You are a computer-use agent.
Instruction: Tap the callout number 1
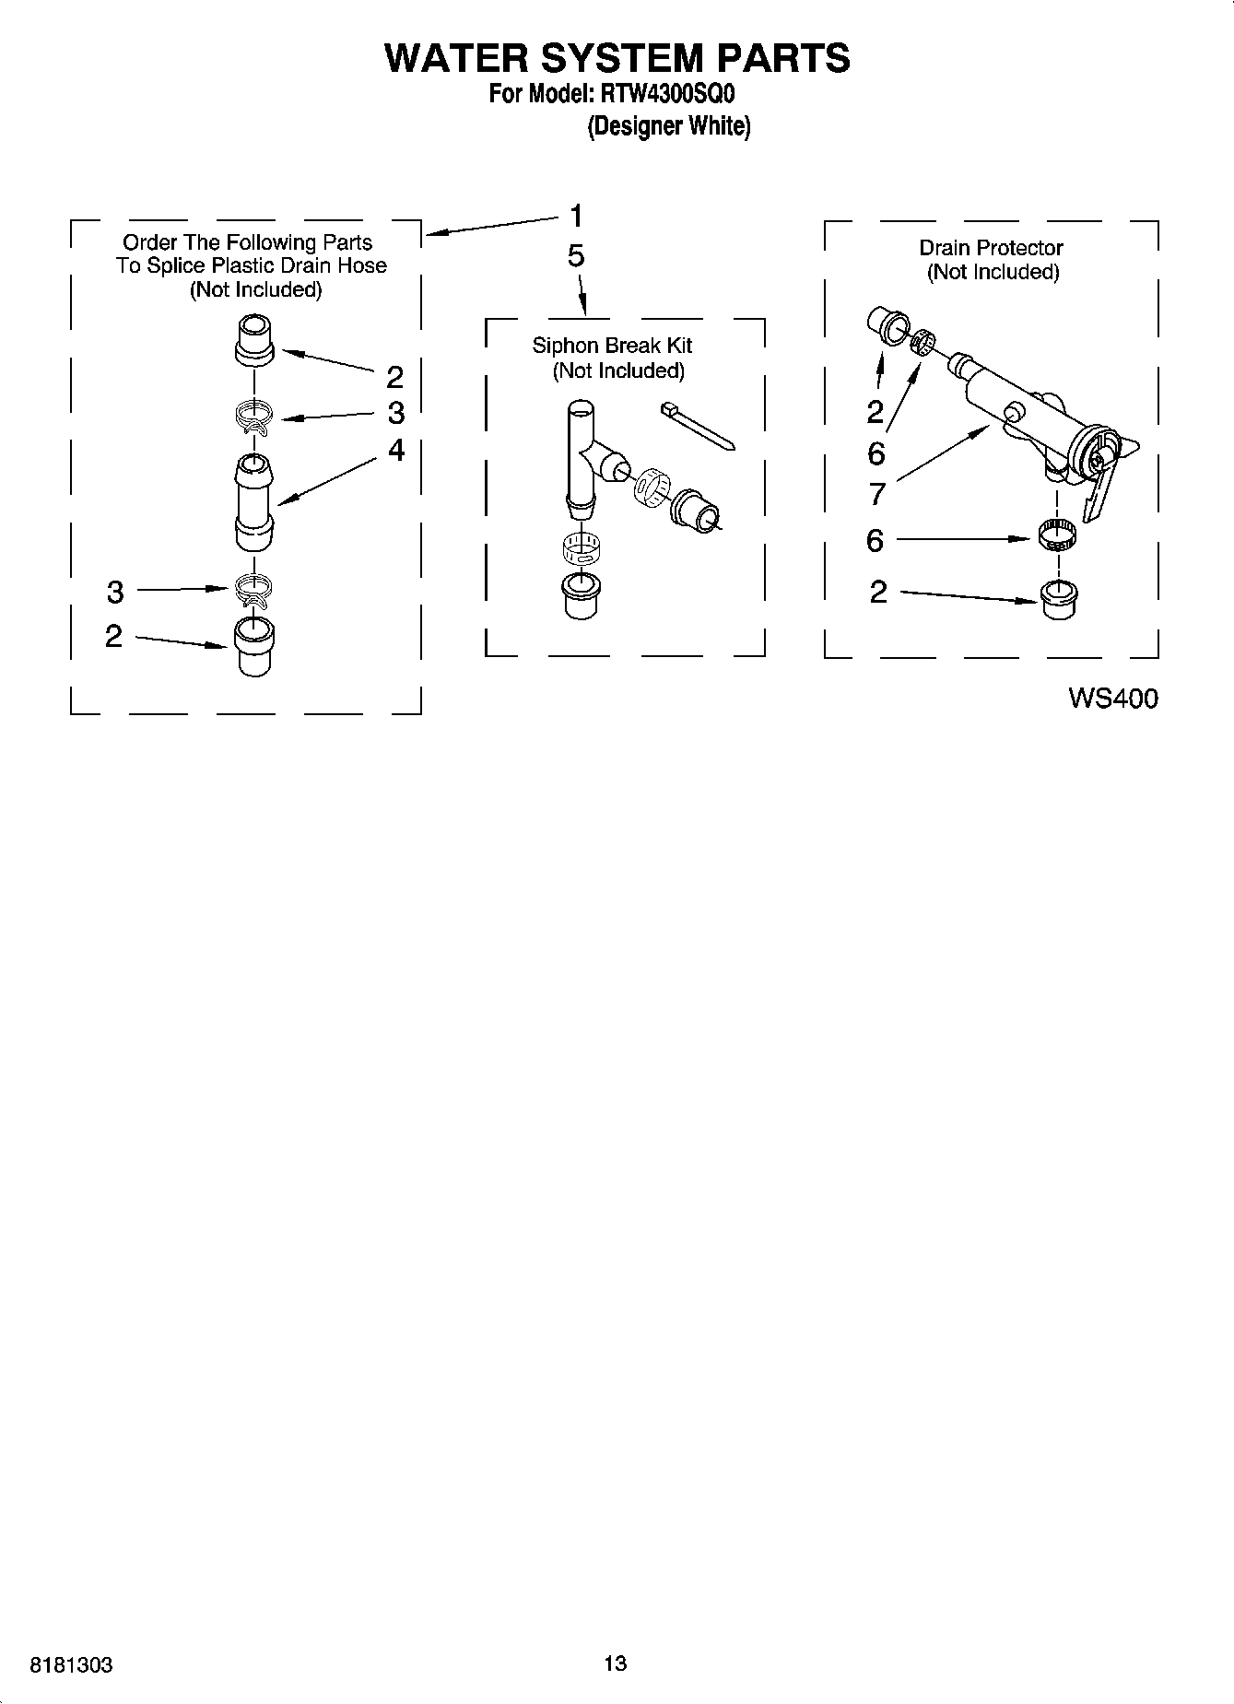coord(576,217)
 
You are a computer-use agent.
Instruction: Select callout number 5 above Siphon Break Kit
coord(576,256)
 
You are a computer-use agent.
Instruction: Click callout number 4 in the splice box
coord(396,450)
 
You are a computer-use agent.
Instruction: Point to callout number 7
coord(876,494)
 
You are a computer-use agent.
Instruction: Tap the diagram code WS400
coord(1112,699)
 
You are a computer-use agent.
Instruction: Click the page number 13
coord(616,1663)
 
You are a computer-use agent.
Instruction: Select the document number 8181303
coord(72,1665)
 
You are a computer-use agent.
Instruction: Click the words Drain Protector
coord(991,248)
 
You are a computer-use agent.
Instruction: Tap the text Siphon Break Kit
coord(612,346)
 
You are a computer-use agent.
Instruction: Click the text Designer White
coord(669,126)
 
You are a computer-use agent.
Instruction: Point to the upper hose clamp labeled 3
coord(253,417)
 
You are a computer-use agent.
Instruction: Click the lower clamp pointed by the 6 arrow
coord(1056,536)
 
